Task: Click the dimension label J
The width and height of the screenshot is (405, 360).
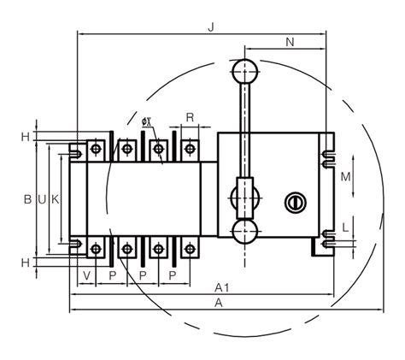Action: tap(211, 27)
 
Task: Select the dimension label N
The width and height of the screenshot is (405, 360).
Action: tap(290, 42)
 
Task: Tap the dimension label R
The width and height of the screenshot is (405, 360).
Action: tap(190, 117)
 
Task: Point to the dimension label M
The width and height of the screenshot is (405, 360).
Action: tap(346, 177)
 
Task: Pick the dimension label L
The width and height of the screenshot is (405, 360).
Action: tap(345, 227)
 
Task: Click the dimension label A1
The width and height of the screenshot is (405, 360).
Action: tap(221, 288)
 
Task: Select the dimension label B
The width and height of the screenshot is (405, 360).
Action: tap(27, 199)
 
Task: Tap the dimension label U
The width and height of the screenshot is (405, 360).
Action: tap(42, 200)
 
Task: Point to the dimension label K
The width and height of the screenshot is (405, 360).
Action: tap(56, 199)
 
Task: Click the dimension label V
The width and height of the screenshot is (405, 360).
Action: tap(87, 275)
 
